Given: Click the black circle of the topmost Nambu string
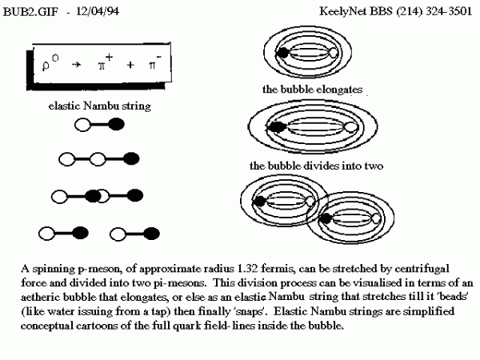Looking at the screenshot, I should click(116, 124).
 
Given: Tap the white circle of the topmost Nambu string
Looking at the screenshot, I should click(82, 124).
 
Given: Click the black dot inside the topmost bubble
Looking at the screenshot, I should click(282, 54).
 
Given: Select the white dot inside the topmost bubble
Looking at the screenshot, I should click(334, 54).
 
